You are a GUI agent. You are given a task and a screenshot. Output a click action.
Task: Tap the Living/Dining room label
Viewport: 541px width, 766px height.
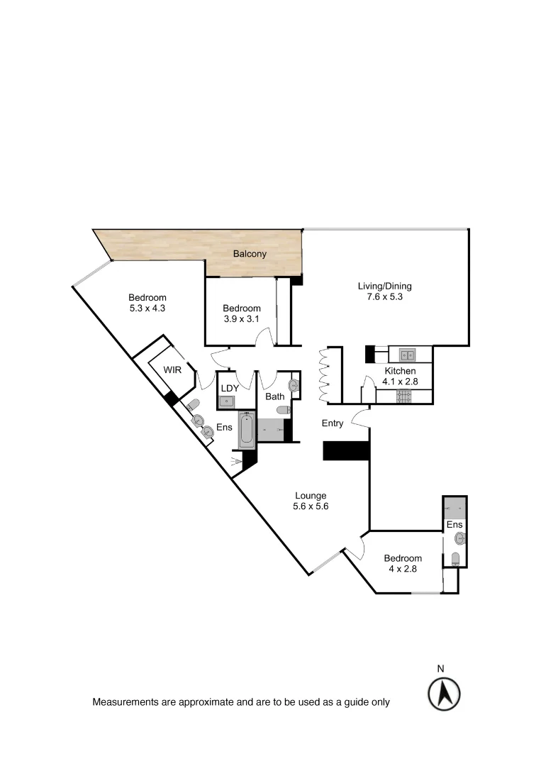[x=384, y=287]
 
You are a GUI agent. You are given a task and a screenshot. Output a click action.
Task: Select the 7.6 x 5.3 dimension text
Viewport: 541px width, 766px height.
[x=384, y=297]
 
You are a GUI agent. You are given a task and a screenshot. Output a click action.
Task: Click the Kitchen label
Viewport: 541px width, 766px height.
[x=400, y=371]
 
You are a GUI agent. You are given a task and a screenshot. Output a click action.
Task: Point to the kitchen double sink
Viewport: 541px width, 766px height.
[x=407, y=355]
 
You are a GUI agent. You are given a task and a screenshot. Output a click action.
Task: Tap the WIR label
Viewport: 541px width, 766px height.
[x=172, y=370]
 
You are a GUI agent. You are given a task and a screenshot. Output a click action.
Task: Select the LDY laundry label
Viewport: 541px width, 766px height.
[x=229, y=388]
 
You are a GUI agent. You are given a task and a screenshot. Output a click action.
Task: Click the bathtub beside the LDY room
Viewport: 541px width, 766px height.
[x=245, y=431]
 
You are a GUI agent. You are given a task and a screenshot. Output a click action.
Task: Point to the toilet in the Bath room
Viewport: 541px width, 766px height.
[x=283, y=411]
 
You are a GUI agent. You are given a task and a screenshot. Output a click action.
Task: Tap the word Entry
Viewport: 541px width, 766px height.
[x=333, y=423]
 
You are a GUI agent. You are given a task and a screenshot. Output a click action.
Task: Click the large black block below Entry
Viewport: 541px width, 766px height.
[x=346, y=451]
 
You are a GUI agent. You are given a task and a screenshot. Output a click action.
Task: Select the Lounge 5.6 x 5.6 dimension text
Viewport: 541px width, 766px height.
[x=310, y=506]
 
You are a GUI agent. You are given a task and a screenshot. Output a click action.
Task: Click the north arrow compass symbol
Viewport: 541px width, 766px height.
[x=444, y=692]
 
